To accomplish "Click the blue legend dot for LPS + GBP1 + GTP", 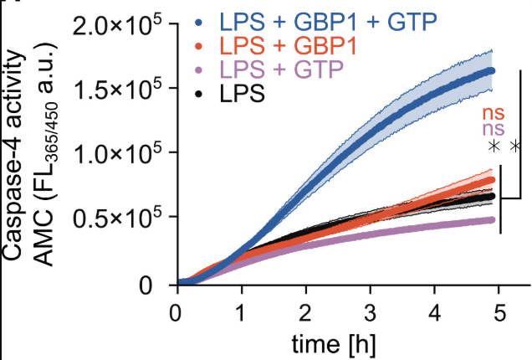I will click(198, 18).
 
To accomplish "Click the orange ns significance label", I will click(494, 113).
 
